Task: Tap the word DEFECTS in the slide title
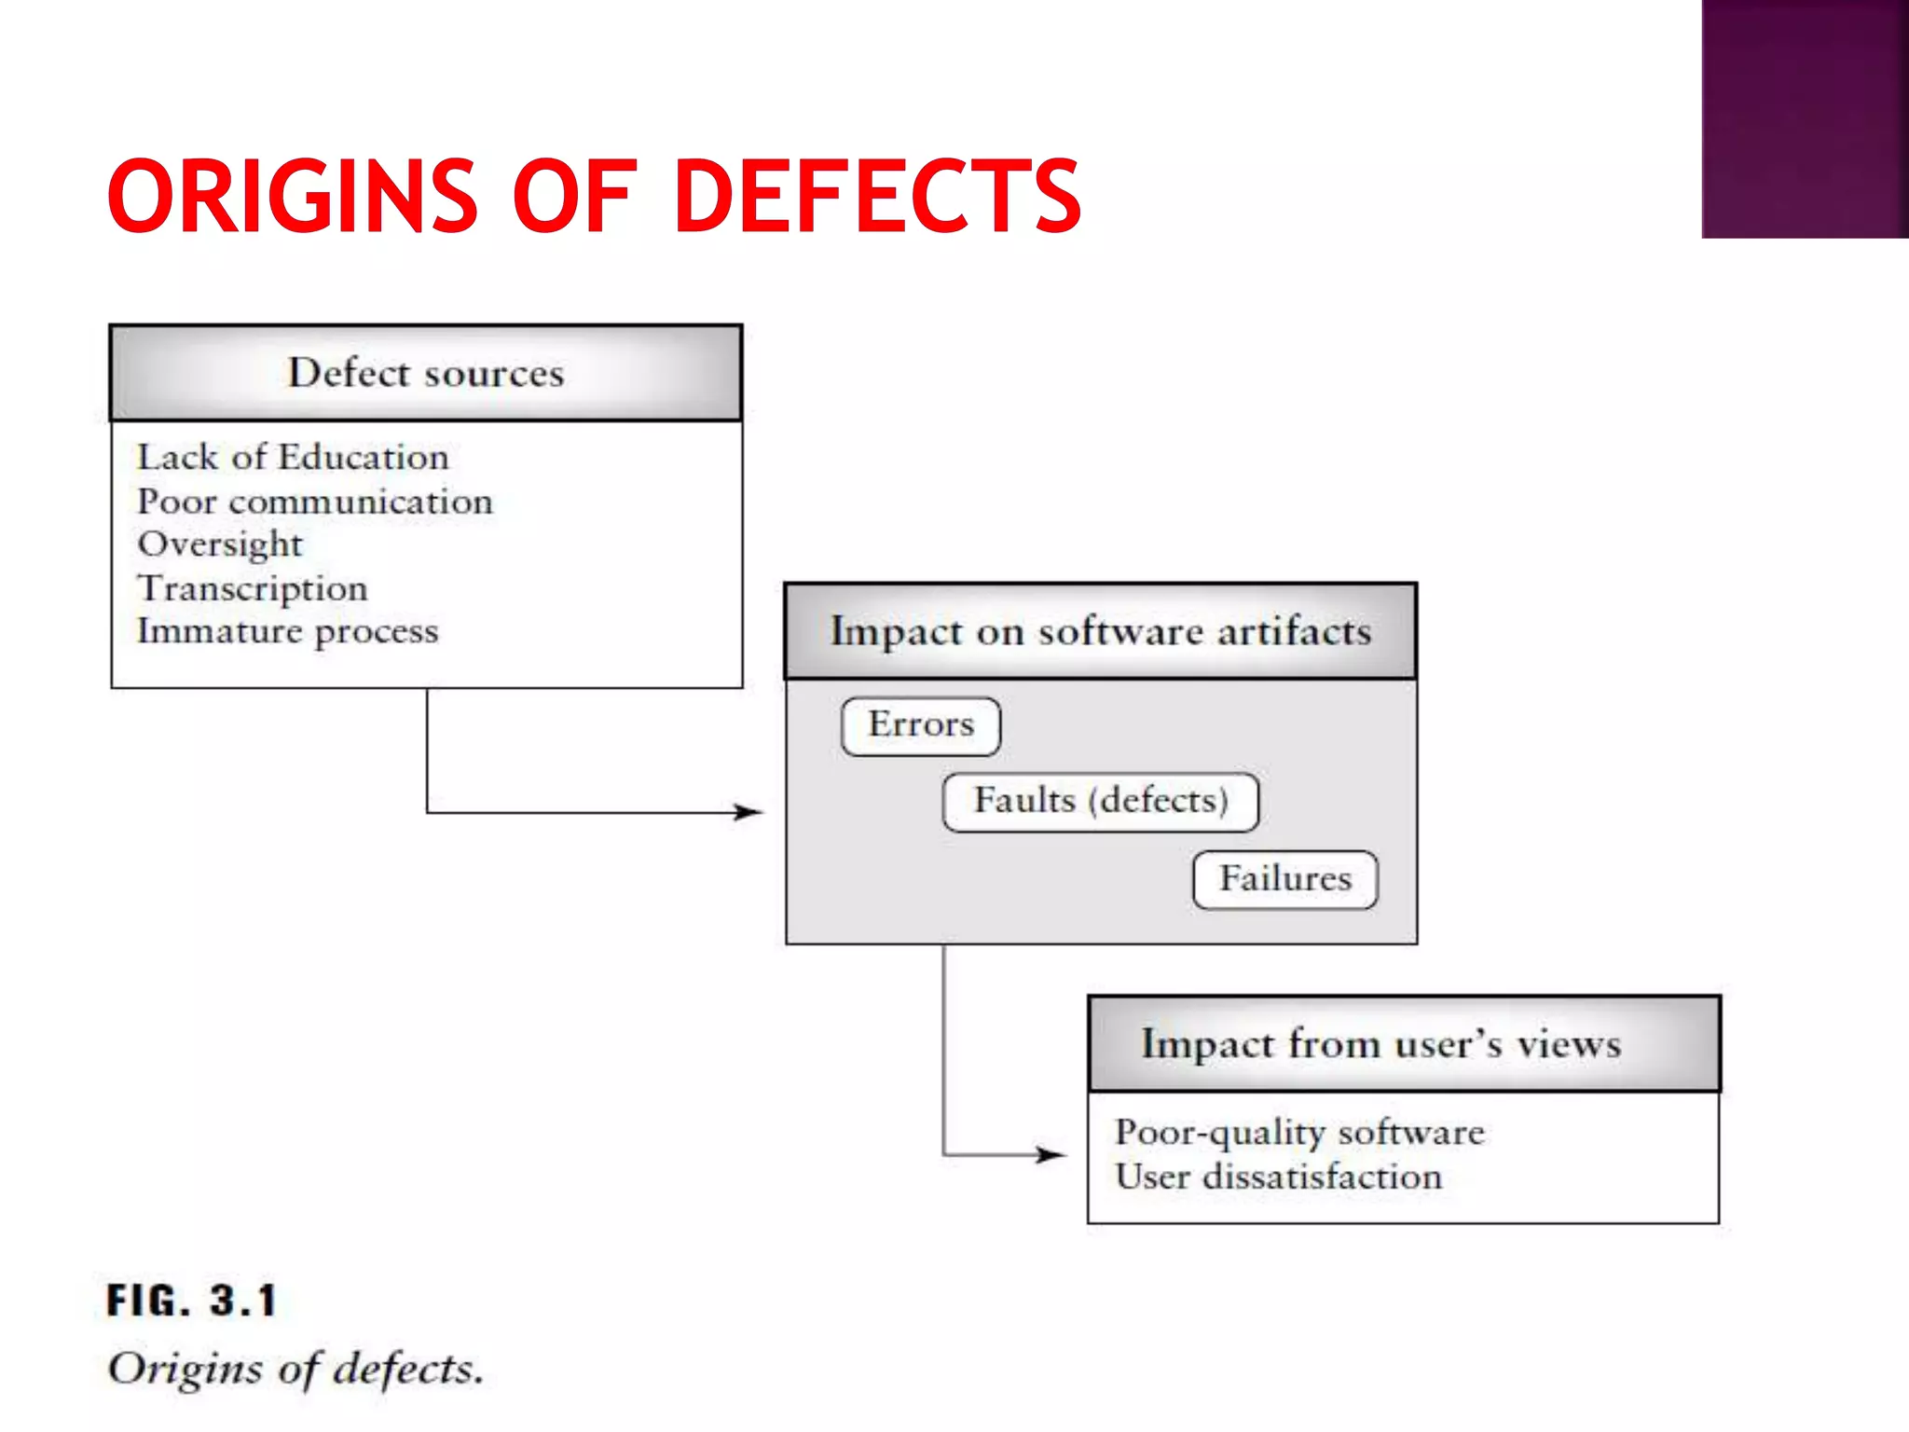(x=876, y=196)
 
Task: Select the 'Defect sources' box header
(x=426, y=373)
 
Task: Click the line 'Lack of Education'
(x=293, y=457)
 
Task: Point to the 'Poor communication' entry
(x=315, y=502)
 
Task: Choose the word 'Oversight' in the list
(x=220, y=544)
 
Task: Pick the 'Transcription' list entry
(x=253, y=588)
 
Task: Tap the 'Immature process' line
(x=287, y=631)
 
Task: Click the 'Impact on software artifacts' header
(x=1101, y=631)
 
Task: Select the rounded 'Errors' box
(x=921, y=725)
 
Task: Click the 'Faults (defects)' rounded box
(x=1101, y=801)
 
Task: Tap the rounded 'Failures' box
(x=1285, y=879)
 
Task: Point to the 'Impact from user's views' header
(x=1380, y=1044)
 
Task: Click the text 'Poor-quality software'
(x=1299, y=1133)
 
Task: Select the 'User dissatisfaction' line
(x=1278, y=1177)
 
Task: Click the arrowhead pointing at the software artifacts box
(x=748, y=812)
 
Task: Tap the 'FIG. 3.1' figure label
(x=192, y=1301)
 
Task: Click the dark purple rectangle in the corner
(x=1805, y=118)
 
